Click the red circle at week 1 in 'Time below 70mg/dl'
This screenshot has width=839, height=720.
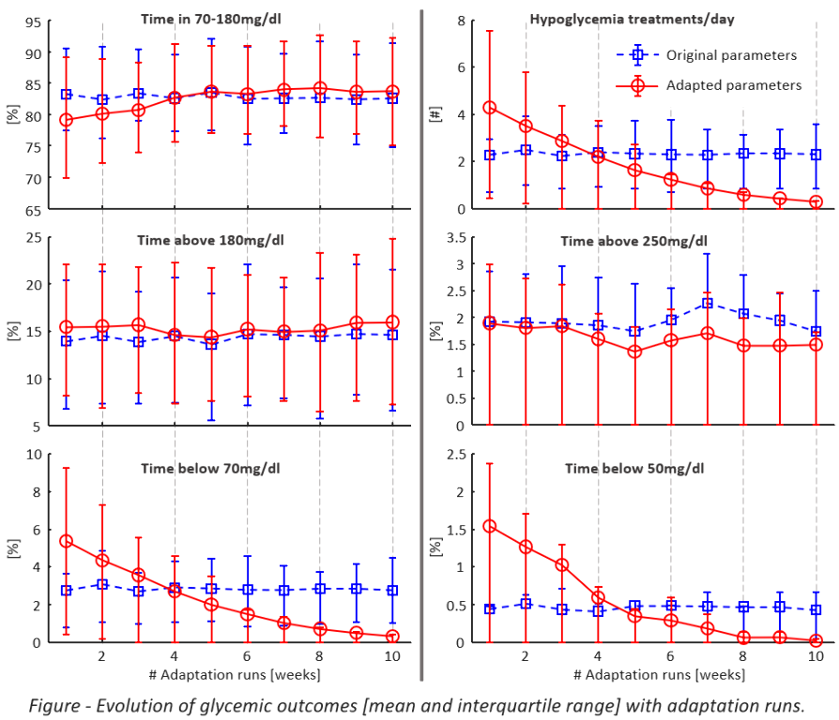(66, 541)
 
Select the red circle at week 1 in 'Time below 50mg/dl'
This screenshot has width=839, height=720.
(489, 526)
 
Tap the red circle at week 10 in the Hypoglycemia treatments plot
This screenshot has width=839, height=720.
(816, 202)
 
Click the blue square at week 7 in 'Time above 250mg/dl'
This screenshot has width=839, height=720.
(707, 303)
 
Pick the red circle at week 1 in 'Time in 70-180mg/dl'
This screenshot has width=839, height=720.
(66, 120)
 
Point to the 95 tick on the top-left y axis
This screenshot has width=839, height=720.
(32, 22)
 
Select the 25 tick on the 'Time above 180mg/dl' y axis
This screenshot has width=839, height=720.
(32, 236)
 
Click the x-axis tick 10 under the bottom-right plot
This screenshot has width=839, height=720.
(816, 657)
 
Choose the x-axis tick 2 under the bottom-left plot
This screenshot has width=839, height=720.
(101, 657)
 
